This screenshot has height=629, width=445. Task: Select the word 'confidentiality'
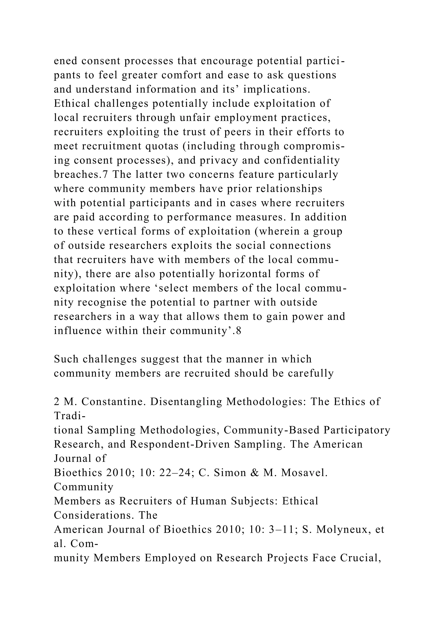pos(302,160)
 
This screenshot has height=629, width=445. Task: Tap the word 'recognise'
pos(102,302)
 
